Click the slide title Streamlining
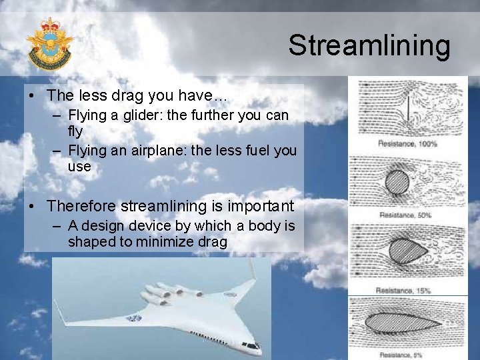[x=369, y=45]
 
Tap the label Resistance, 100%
[x=407, y=143]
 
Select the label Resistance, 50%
[x=405, y=215]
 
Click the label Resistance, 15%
[x=403, y=291]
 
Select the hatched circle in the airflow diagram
[x=399, y=181]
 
